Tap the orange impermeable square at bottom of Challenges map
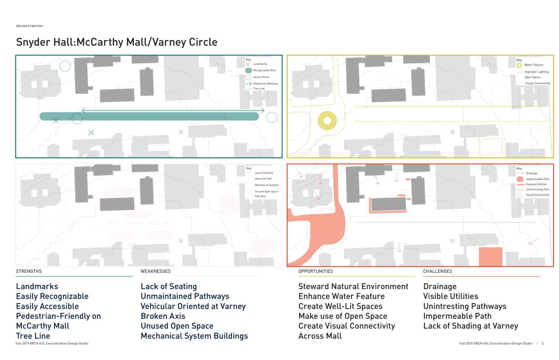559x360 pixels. pos(490,257)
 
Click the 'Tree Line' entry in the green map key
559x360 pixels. pos(259,89)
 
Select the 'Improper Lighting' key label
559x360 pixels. pos(536,72)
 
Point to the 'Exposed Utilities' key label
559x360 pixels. pos(536,184)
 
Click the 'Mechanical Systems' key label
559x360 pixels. pos(266,185)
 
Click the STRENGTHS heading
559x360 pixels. pos(29,271)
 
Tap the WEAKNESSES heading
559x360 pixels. pos(155,271)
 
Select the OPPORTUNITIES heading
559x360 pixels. pos(315,271)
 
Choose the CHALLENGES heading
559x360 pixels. pos(437,271)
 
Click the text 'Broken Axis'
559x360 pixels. pos(163,316)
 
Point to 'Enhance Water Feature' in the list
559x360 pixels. pos(341,296)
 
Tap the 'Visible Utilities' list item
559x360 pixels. pos(450,296)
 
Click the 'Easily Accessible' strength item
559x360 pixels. pos(47,306)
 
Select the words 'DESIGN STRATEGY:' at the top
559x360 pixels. pos(30,26)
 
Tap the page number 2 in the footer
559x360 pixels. pos(543,343)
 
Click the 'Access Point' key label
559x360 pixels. pos(261,77)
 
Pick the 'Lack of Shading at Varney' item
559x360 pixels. pos(470,326)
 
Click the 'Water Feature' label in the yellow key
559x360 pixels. pos(533,65)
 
